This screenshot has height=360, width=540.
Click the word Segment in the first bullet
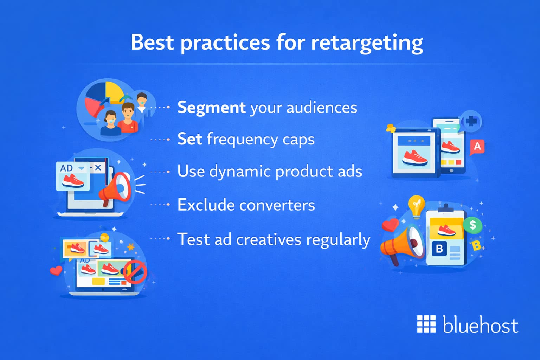click(211, 107)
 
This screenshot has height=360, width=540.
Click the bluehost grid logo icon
click(426, 324)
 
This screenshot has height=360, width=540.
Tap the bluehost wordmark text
click(480, 324)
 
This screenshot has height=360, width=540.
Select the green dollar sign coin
click(472, 225)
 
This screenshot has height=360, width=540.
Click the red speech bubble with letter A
click(477, 147)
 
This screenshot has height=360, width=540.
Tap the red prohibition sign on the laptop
click(135, 272)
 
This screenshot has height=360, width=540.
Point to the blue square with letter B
click(439, 249)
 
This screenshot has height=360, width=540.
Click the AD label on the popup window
click(66, 168)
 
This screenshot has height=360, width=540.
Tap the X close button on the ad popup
click(98, 168)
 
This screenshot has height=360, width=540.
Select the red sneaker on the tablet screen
click(414, 157)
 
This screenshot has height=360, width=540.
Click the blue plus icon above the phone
click(471, 122)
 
